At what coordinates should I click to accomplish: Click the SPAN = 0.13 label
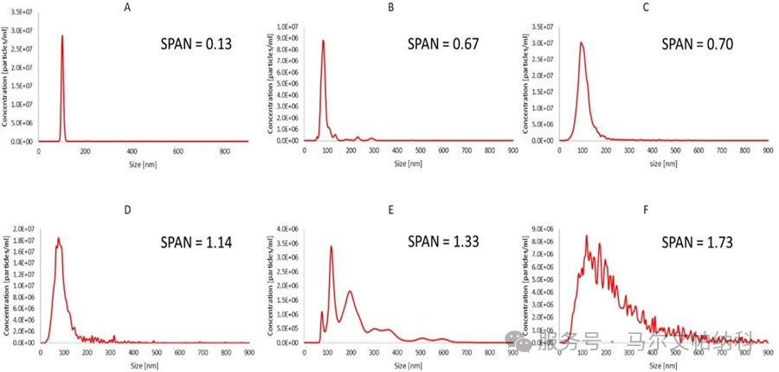point(197,46)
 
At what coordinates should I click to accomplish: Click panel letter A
point(128,7)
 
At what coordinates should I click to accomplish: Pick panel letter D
point(128,207)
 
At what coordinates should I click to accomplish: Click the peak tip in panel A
point(62,36)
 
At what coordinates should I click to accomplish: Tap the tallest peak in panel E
point(332,247)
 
